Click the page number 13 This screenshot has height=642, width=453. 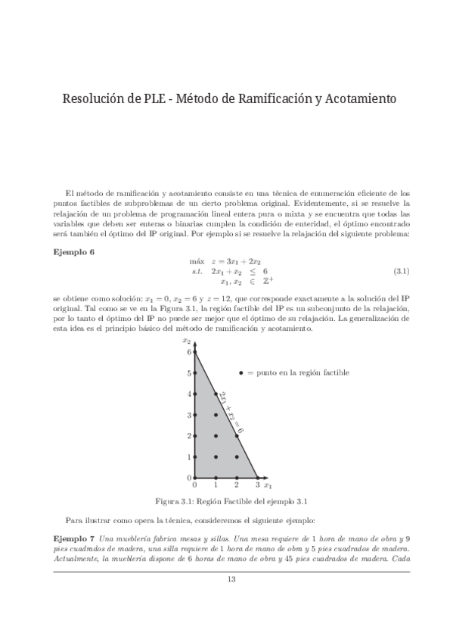point(231,581)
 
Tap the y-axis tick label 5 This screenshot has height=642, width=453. point(189,373)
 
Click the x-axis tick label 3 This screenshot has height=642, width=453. point(257,485)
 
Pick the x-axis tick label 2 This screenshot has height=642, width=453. point(237,485)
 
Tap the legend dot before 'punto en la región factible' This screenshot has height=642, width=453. point(241,373)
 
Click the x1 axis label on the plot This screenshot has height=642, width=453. point(268,485)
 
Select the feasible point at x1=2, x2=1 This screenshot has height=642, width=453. point(237,457)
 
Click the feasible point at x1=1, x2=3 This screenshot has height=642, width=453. point(216,415)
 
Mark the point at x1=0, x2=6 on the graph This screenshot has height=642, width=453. point(195,353)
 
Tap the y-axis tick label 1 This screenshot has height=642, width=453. point(189,457)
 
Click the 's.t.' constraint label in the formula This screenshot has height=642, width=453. point(199,271)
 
